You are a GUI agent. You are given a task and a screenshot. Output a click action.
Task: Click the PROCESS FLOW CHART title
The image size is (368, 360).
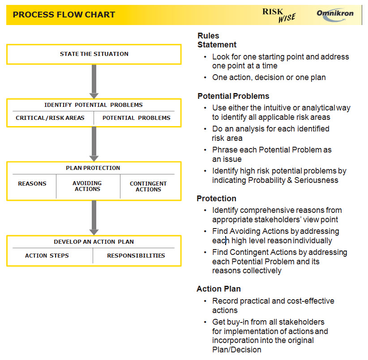click(x=64, y=15)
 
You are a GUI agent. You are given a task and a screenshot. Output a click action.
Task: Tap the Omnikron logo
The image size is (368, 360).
click(x=335, y=13)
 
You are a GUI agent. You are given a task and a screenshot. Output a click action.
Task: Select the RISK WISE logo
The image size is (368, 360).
click(x=278, y=15)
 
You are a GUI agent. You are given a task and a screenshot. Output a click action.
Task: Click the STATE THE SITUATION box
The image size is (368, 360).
click(x=94, y=54)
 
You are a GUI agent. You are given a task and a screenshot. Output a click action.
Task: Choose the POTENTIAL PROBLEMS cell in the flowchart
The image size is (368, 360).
click(x=136, y=118)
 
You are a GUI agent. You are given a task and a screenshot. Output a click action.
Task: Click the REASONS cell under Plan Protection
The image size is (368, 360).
click(x=32, y=184)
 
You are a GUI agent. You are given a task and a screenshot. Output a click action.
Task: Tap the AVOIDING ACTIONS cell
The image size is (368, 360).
click(x=87, y=186)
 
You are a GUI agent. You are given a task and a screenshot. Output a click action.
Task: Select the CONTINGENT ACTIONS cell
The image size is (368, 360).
click(x=148, y=186)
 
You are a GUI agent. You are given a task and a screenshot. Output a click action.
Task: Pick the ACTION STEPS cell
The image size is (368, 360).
click(x=47, y=256)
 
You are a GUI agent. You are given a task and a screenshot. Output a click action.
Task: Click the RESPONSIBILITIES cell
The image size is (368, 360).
click(x=136, y=256)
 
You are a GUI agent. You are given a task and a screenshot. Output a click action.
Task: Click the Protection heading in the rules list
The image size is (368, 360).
click(x=217, y=199)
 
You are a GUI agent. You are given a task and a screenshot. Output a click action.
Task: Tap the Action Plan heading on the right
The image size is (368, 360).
click(x=218, y=289)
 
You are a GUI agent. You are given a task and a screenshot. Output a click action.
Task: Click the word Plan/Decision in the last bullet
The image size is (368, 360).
click(x=237, y=350)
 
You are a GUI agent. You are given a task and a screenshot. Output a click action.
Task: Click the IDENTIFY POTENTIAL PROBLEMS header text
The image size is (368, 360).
click(x=94, y=105)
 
